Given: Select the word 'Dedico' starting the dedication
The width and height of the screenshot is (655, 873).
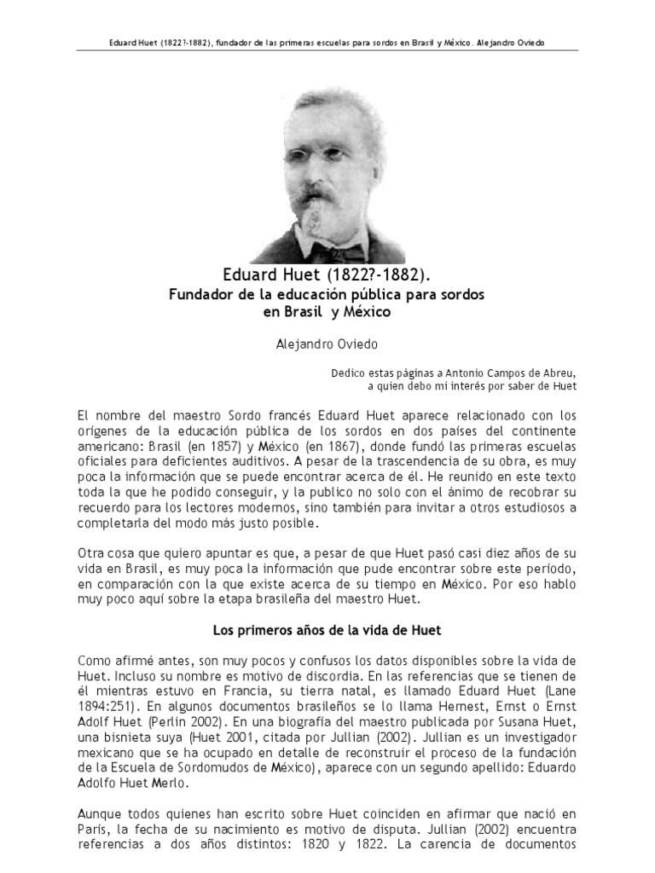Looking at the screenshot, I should pos(348,372).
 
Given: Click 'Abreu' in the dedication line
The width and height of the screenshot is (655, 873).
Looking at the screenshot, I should pos(557,372).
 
